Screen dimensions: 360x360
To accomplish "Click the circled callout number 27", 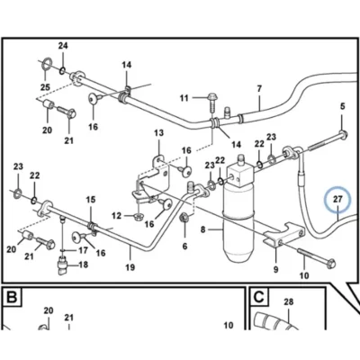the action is (337, 199).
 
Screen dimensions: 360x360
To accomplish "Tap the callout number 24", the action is (63, 46).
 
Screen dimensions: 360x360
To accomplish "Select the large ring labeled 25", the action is (45, 64).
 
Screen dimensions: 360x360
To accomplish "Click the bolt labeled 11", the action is (212, 102).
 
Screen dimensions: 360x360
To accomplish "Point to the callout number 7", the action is (259, 89).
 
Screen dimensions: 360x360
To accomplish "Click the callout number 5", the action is (343, 106).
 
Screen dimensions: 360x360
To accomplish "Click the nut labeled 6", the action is (184, 218).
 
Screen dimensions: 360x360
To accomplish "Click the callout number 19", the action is (130, 267).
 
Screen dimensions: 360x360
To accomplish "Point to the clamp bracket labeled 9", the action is (283, 236).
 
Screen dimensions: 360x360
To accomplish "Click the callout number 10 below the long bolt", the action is (304, 275).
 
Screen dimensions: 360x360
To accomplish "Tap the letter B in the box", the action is (12, 297).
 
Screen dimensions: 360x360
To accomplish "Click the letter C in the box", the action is (258, 297).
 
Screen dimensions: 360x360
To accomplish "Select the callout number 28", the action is (288, 301).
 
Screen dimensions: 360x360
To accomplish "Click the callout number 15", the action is (91, 200).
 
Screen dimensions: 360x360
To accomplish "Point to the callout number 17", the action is (83, 250).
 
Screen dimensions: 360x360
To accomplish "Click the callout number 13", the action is (159, 132).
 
